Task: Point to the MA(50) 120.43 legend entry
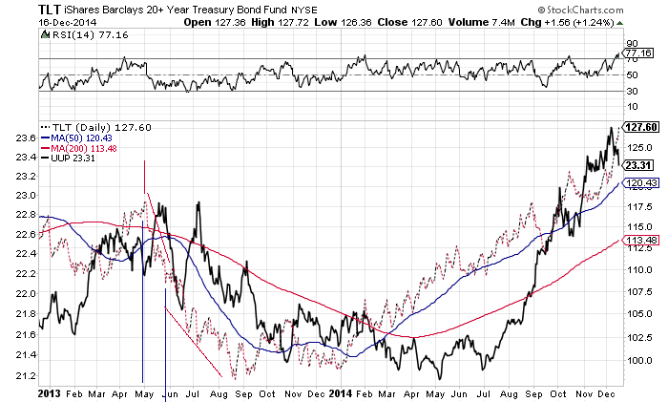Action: (x=76, y=138)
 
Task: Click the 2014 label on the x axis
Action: (x=339, y=392)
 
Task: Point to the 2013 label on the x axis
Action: (x=49, y=392)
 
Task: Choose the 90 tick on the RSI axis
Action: (x=631, y=44)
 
